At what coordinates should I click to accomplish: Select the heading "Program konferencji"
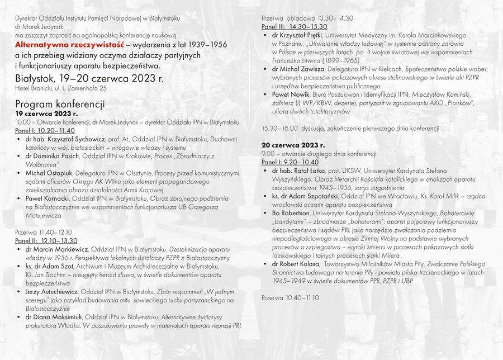pyautogui.click(x=60, y=104)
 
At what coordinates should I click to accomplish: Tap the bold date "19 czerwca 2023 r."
pyautogui.click(x=46, y=113)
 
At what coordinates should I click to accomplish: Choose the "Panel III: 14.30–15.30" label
pyautogui.click(x=295, y=26)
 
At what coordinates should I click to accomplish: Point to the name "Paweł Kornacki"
pyautogui.click(x=47, y=198)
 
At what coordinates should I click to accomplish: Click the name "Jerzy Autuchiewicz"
pyautogui.click(x=51, y=292)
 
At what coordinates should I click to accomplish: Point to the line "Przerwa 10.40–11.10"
pyautogui.click(x=290, y=297)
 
